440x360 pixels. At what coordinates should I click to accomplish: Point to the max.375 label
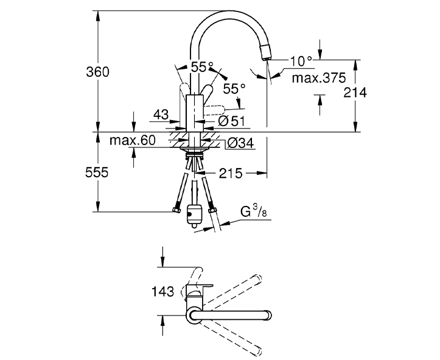[x=318, y=78]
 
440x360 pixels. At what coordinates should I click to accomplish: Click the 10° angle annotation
[x=301, y=60]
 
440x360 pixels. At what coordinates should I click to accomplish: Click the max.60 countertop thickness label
[x=133, y=141]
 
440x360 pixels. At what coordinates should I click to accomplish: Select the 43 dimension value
[x=161, y=114]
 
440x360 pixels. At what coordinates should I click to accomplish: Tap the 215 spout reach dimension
[x=230, y=174]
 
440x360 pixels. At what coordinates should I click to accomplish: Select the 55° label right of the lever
[x=234, y=89]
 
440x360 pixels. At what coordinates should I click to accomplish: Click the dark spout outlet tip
[x=265, y=53]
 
